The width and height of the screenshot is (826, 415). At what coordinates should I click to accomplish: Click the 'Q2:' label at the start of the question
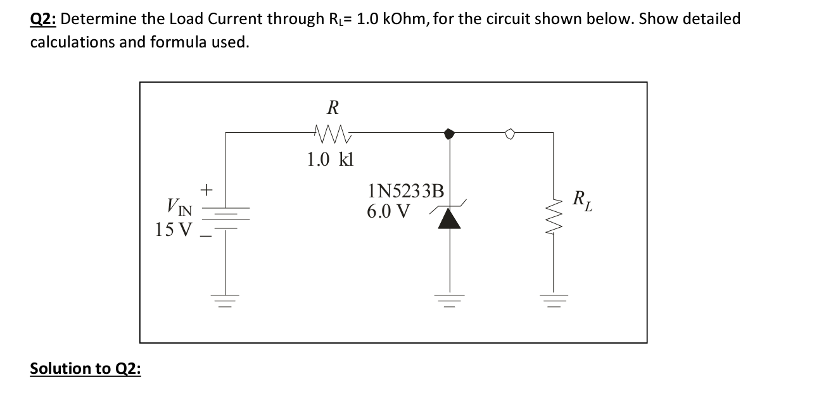[43, 19]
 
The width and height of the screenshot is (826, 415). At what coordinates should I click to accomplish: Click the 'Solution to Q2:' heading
[86, 368]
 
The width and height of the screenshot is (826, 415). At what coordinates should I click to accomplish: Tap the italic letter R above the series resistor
[332, 108]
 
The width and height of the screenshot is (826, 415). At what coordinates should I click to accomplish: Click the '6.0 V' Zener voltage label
[388, 211]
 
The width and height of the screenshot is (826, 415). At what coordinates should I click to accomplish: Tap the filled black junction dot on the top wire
[450, 133]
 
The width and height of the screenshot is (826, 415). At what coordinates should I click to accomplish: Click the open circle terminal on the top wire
[511, 133]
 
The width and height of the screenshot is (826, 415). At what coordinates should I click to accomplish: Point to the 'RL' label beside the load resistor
[581, 201]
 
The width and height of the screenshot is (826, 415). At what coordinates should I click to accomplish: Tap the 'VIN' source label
[180, 206]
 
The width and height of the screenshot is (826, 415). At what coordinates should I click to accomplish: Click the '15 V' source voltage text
[172, 229]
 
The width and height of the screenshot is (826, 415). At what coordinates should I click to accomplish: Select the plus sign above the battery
[206, 189]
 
